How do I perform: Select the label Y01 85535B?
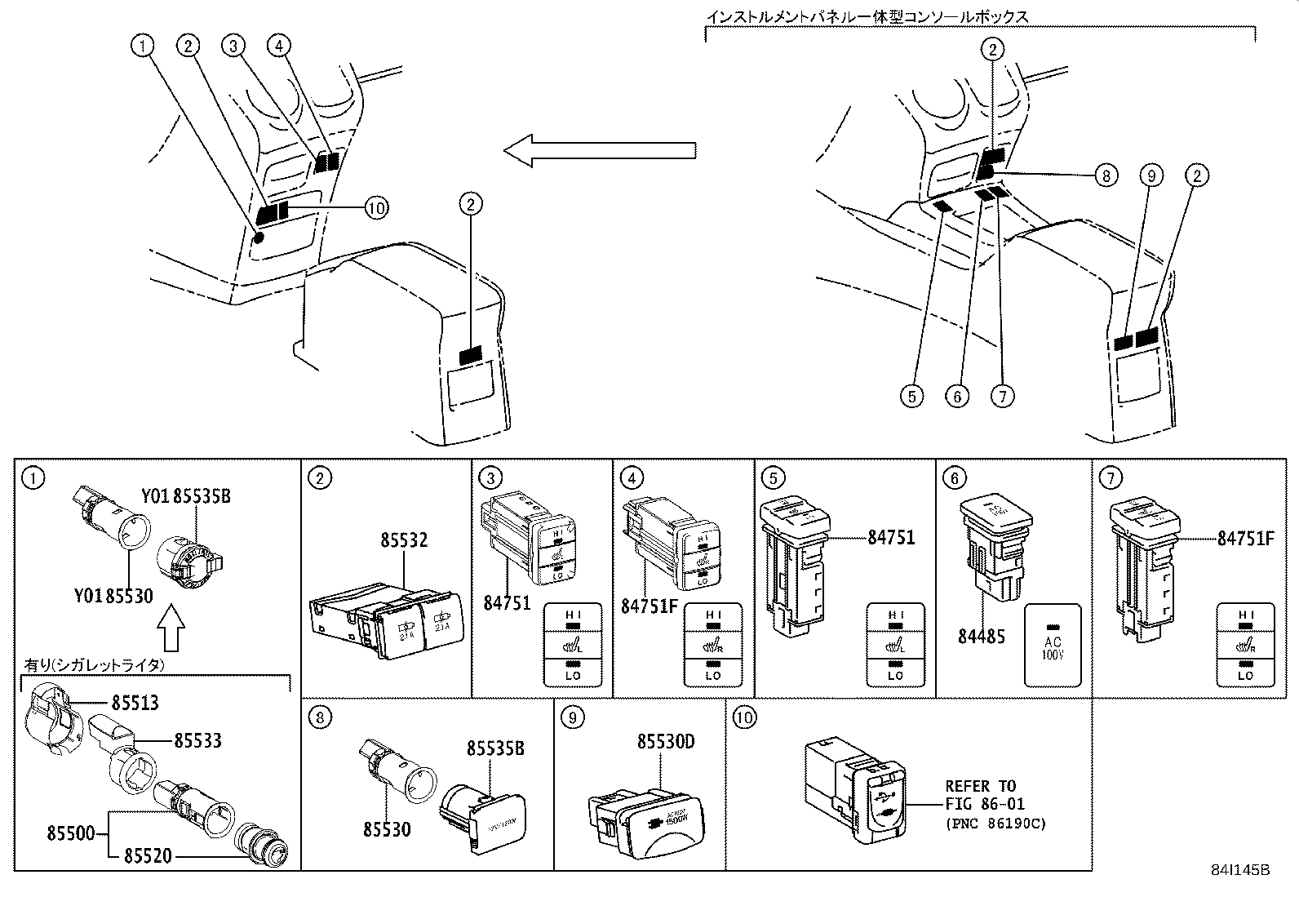coord(185,496)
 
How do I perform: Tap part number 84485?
coord(982,636)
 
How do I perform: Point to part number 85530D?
coord(666,742)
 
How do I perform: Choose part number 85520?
coord(149,855)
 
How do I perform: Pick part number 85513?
coord(135,703)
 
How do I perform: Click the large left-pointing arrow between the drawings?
coord(600,150)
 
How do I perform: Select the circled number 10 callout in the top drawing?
coord(375,208)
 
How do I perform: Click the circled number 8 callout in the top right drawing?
coord(1106,175)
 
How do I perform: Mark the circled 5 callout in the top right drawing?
coord(912,396)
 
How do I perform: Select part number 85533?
coord(197,740)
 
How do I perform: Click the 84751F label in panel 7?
coord(1245,538)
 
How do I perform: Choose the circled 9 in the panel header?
coord(573,717)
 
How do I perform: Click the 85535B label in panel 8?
coord(495,748)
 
